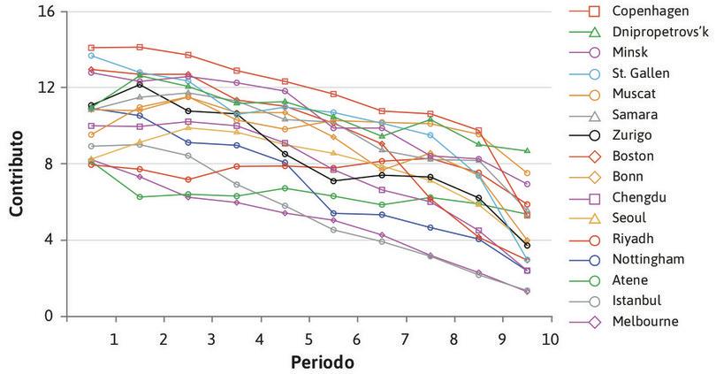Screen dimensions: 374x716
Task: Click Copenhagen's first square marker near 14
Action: click(x=92, y=48)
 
